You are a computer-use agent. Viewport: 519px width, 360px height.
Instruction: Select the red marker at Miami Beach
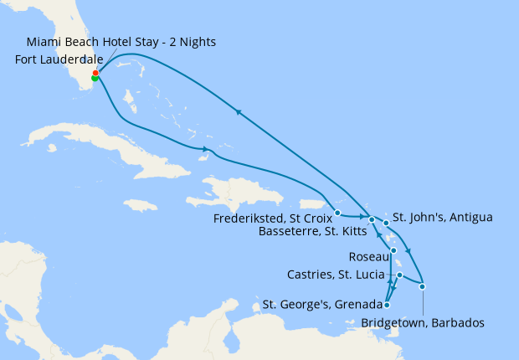point(95,73)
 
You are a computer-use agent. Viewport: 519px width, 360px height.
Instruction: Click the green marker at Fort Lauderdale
point(95,79)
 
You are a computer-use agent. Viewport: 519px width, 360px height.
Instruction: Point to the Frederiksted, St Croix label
point(270,213)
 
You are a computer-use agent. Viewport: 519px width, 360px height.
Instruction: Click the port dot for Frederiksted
point(337,213)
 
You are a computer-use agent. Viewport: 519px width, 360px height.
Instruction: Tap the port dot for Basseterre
point(371,219)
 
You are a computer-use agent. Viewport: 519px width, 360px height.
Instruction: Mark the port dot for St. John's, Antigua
point(386,223)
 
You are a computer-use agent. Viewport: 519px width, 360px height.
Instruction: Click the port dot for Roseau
point(393,250)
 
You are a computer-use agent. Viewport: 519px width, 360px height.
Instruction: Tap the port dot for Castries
point(400,275)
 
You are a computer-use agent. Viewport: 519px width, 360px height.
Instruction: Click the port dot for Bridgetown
point(423,287)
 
